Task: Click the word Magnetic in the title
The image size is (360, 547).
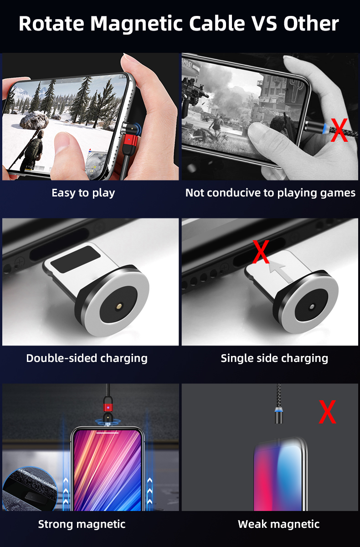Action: coord(136,24)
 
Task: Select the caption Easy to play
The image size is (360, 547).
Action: coord(83,193)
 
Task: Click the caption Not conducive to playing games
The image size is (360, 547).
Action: coord(270,193)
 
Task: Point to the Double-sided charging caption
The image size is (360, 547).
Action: coord(87,358)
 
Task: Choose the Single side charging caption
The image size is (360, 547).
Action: coord(274,358)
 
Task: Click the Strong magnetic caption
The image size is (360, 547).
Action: coord(82,524)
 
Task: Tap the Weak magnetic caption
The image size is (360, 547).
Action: coord(278,524)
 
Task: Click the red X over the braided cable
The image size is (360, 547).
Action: coord(339,130)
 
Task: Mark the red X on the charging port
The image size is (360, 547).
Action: coord(261,252)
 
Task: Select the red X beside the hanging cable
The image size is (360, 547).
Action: coord(327,412)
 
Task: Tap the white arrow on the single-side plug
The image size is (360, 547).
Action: coord(281,272)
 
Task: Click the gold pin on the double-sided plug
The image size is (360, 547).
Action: coord(119,306)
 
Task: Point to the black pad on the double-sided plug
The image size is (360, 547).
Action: coord(75,259)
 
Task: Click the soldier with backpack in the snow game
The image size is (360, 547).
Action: coord(31,150)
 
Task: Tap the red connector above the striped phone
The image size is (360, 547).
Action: coord(108,408)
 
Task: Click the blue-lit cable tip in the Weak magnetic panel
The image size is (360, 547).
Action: coord(278,415)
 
